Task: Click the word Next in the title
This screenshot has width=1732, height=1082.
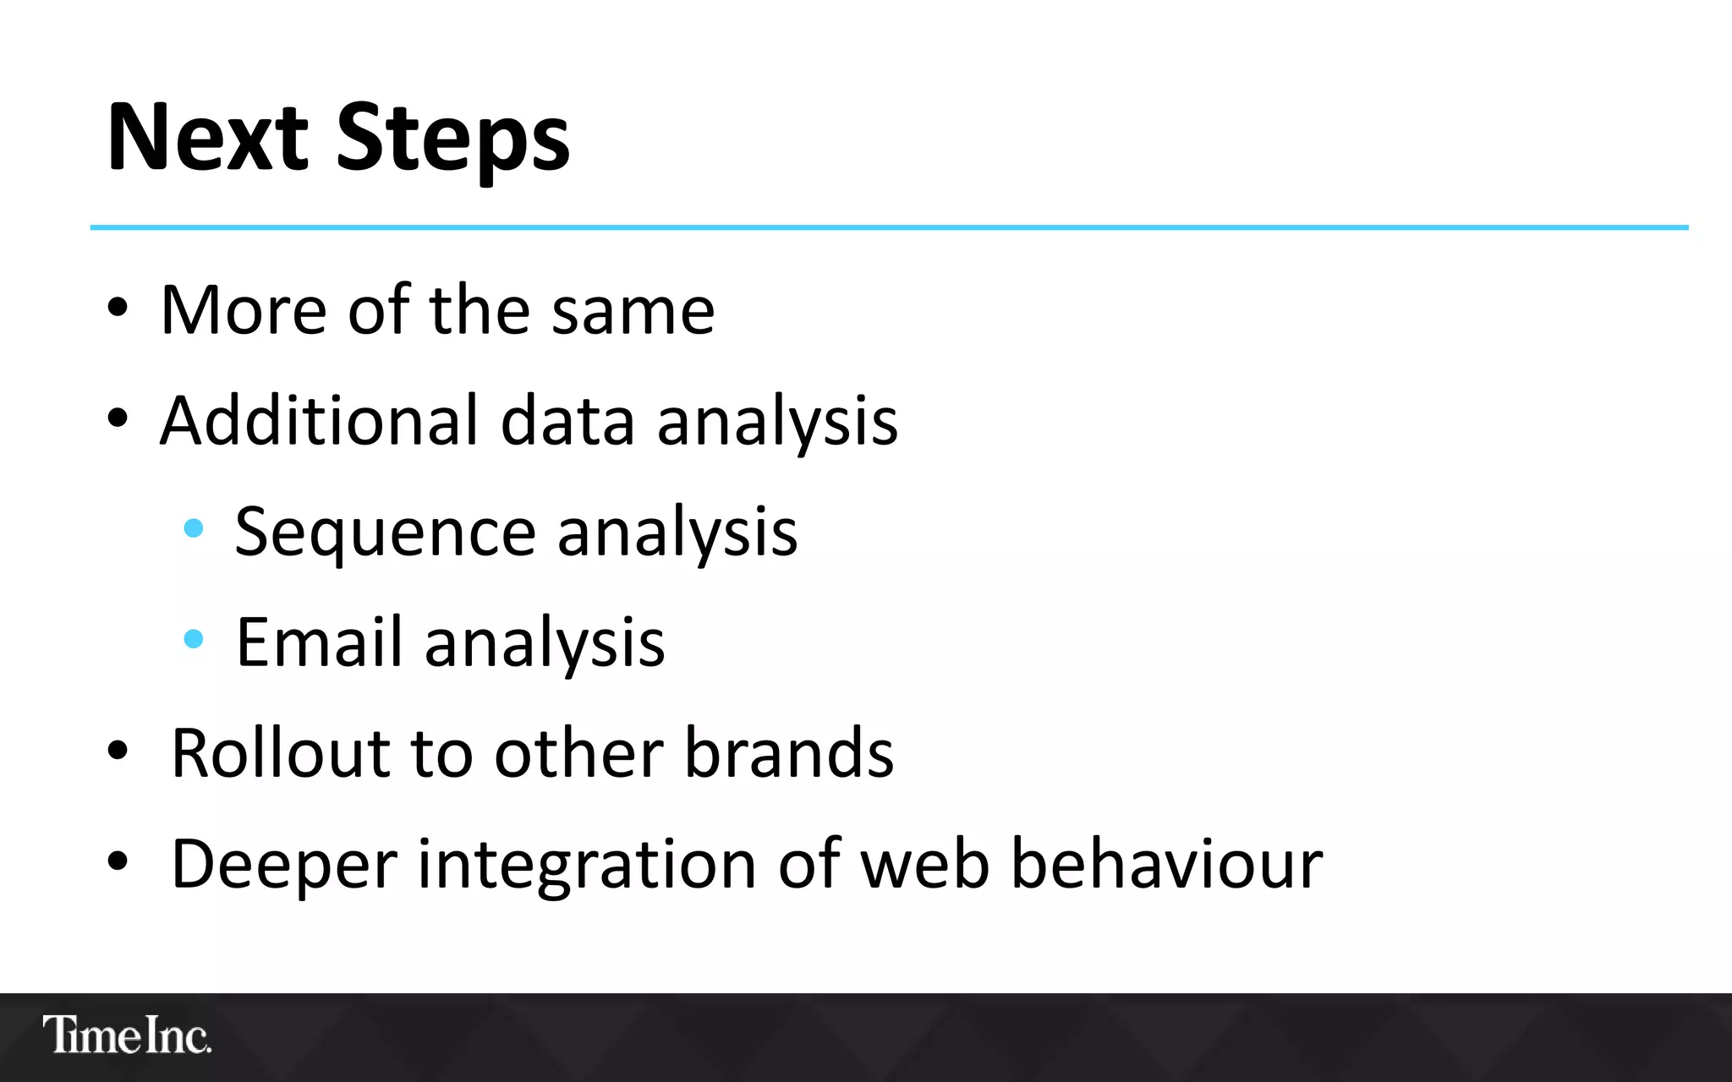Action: pos(208,138)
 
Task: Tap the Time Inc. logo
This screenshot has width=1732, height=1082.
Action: pos(127,1035)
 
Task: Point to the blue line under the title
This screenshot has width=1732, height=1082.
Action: pos(888,227)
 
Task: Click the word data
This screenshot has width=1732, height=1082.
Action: pos(567,420)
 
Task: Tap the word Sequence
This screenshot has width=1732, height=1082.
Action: pos(385,533)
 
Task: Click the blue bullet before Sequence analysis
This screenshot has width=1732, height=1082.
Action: pos(194,529)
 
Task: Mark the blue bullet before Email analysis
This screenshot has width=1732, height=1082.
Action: pos(194,639)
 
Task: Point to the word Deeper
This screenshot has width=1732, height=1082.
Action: pos(283,865)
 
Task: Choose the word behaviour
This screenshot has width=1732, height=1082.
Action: pos(1167,865)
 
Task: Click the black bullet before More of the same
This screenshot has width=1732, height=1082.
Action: pos(118,309)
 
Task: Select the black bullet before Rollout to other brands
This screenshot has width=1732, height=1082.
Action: pos(118,750)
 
